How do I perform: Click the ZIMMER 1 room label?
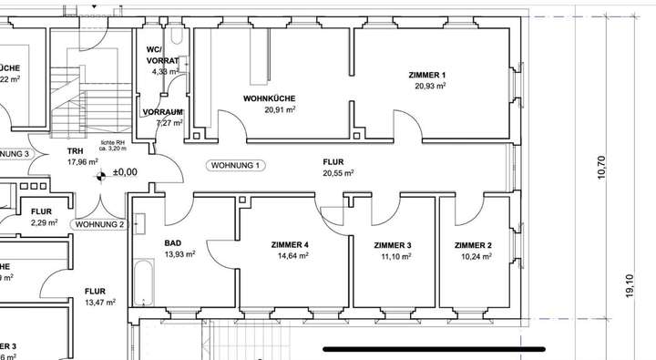pos(428,75)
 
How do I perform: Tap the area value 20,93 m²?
pos(428,86)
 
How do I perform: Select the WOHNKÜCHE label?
pos(269,98)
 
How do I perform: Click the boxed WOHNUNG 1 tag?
pos(236,166)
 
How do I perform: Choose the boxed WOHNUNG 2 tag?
pos(98,223)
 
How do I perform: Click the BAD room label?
pos(173,243)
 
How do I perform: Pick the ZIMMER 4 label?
pos(290,245)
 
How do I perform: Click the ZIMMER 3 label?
pos(393,246)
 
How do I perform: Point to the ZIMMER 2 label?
pos(473,246)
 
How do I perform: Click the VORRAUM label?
pos(163,112)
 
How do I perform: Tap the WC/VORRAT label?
pos(161,55)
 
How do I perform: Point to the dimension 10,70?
pos(600,167)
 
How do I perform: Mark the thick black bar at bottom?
pos(433,347)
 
